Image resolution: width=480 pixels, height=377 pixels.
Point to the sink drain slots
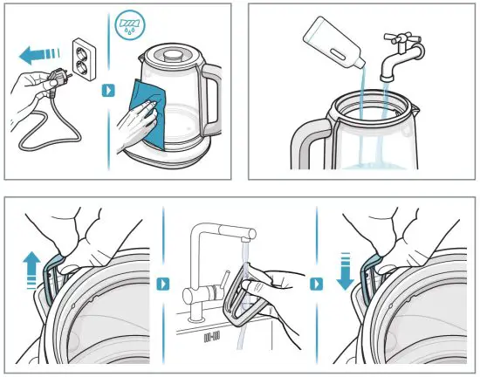pyautogui.click(x=209, y=334)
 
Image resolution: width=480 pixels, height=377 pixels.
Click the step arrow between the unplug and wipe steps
pyautogui.click(x=108, y=91)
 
